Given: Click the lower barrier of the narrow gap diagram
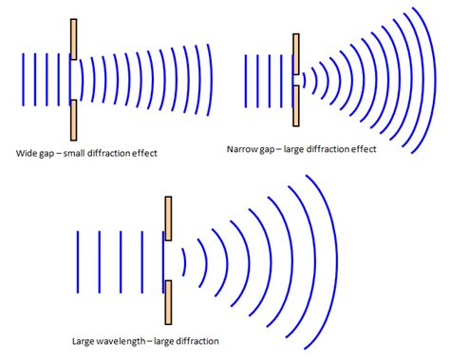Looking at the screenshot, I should coord(296,109).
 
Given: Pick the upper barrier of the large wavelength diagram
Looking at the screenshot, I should coord(169,218).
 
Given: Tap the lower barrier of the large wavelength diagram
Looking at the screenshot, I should coord(169,303).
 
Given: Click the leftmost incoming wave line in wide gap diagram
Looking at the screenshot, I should coord(22,82).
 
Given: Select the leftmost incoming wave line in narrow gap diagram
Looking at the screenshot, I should coord(245,82).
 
